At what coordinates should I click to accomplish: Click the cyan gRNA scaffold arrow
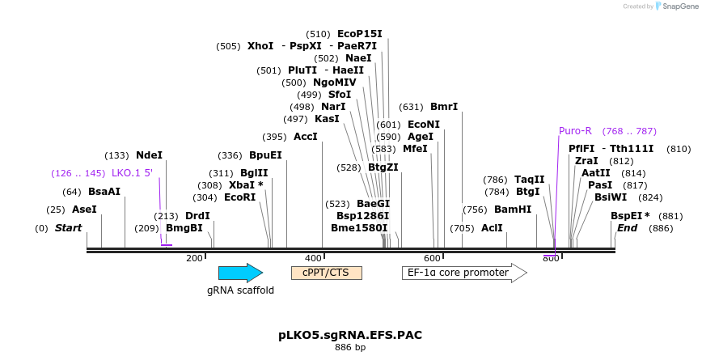tap(240, 273)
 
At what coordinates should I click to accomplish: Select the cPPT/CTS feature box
tap(326, 273)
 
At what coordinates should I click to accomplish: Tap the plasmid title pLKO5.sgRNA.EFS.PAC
tap(350, 335)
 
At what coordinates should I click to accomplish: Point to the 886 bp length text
tap(350, 348)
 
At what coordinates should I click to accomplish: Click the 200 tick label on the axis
tap(194, 258)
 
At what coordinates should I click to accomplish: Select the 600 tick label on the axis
tap(432, 258)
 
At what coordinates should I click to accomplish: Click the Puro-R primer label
tap(575, 131)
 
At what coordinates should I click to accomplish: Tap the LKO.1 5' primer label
tap(132, 173)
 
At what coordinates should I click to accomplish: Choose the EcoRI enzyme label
tap(239, 197)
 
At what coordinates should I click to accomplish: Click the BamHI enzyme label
tap(513, 210)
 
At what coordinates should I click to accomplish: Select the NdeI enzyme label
tap(149, 155)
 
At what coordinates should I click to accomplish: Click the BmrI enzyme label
tap(443, 107)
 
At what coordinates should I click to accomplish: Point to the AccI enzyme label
tap(306, 137)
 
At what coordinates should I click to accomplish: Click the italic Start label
tap(68, 228)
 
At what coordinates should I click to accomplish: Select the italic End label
tap(627, 228)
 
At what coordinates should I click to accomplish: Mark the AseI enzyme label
tap(83, 210)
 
